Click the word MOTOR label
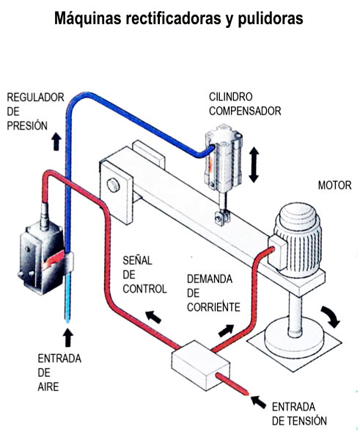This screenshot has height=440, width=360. (x=334, y=186)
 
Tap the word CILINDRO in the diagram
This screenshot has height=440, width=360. (x=231, y=97)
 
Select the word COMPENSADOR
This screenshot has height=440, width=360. (x=245, y=111)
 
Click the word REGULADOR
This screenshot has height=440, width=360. (x=36, y=98)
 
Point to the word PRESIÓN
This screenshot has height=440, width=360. (x=27, y=125)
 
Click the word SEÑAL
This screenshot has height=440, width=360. (x=138, y=260)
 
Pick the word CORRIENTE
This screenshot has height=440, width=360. (x=213, y=307)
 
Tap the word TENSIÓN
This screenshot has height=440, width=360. (x=309, y=421)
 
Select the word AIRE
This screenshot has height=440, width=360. (x=48, y=386)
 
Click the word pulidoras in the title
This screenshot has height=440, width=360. (x=271, y=18)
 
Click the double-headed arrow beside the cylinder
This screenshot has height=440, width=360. (x=254, y=165)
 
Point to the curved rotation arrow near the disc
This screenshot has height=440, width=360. (x=331, y=316)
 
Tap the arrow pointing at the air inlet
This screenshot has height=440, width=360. (x=67, y=338)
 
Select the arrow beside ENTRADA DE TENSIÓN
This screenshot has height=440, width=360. (x=259, y=402)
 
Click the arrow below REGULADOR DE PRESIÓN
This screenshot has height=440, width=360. (x=56, y=142)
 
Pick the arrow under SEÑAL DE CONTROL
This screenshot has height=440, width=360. (x=153, y=317)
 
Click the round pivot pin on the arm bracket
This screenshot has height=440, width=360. (x=114, y=186)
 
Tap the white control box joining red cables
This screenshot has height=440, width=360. (x=201, y=365)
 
